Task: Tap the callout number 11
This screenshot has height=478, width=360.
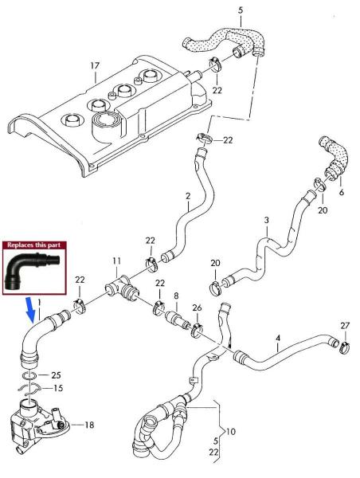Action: (116, 261)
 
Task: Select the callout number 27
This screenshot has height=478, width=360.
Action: (344, 326)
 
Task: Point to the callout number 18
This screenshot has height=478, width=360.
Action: (89, 425)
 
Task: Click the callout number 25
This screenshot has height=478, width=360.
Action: (55, 374)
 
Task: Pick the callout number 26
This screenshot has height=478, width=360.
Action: (197, 308)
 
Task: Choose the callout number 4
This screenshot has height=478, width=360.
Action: (277, 338)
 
